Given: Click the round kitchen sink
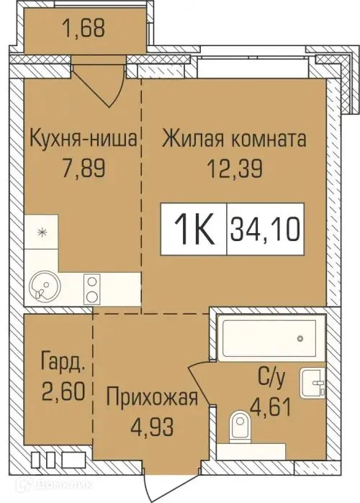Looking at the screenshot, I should (x=42, y=290).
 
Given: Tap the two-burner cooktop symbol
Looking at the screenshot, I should (x=94, y=289).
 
